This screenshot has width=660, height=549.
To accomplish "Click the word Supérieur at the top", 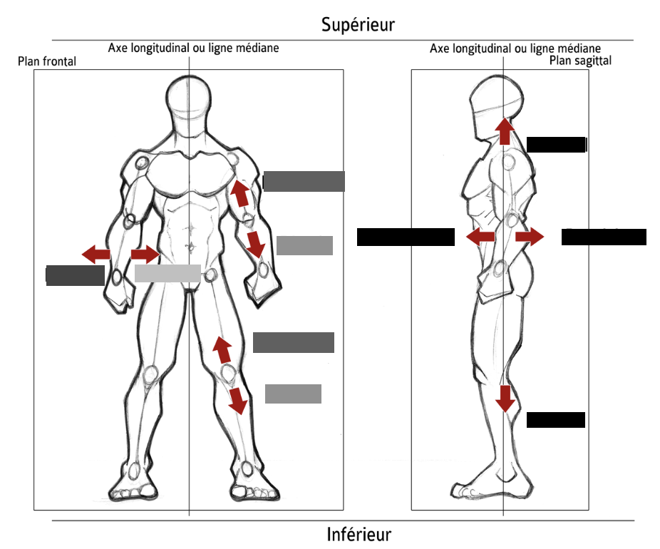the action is click(357, 25).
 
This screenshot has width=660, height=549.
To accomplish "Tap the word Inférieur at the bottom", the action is click(359, 534).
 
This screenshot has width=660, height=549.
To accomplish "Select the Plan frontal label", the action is click(47, 62).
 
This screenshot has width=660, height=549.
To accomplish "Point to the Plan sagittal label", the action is click(580, 61).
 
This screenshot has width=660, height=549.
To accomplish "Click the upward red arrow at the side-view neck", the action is click(505, 130).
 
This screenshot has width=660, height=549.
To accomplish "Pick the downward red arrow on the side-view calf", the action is click(505, 398).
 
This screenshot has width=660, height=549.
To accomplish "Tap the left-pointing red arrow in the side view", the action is click(480, 237).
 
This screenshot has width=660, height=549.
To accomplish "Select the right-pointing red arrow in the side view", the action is click(530, 237).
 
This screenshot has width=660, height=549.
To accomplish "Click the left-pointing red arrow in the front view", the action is click(96, 253).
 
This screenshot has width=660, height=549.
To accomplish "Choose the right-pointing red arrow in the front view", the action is click(145, 254).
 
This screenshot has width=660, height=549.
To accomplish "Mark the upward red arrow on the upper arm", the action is click(240, 193).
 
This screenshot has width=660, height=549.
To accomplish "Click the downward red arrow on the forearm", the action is click(255, 243).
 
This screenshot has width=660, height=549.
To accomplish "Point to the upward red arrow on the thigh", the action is click(222, 349).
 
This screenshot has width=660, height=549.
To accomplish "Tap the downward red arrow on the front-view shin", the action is click(237, 401).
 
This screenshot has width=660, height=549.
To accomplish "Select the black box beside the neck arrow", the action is click(556, 145).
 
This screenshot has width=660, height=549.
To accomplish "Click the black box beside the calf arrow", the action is click(556, 420).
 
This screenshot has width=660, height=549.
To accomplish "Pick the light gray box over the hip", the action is click(167, 273).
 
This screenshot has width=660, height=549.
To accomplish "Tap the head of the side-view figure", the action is click(499, 100).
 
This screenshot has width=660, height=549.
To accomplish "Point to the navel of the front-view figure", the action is click(190, 246).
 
